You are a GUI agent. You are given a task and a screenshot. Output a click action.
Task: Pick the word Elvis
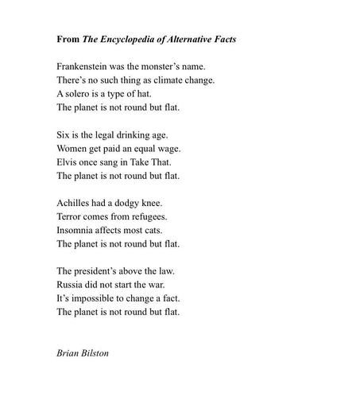tap(68, 162)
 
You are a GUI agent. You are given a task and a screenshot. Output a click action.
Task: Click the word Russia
tap(72, 284)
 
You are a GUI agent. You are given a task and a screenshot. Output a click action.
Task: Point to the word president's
tap(99, 271)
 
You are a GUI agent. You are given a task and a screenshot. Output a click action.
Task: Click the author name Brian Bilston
tap(83, 352)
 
